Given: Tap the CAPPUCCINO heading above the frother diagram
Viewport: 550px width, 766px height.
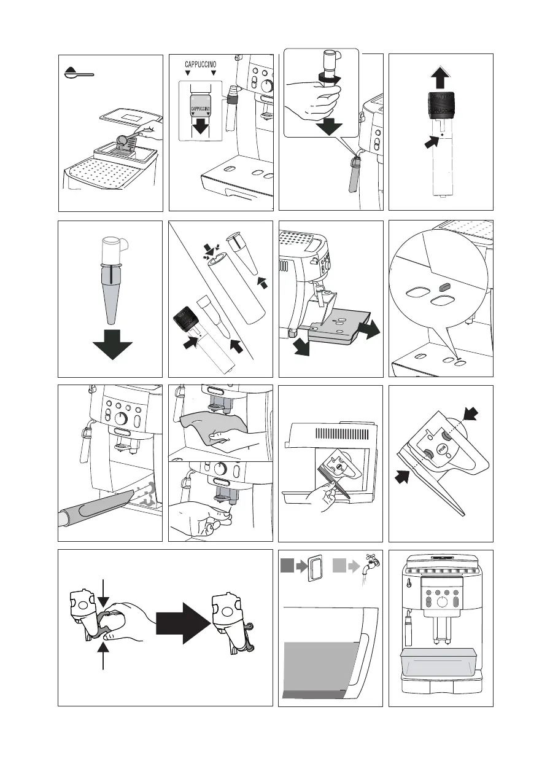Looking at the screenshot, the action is coord(201,64).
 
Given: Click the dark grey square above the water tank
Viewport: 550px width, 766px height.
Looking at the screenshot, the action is coord(287,565).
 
